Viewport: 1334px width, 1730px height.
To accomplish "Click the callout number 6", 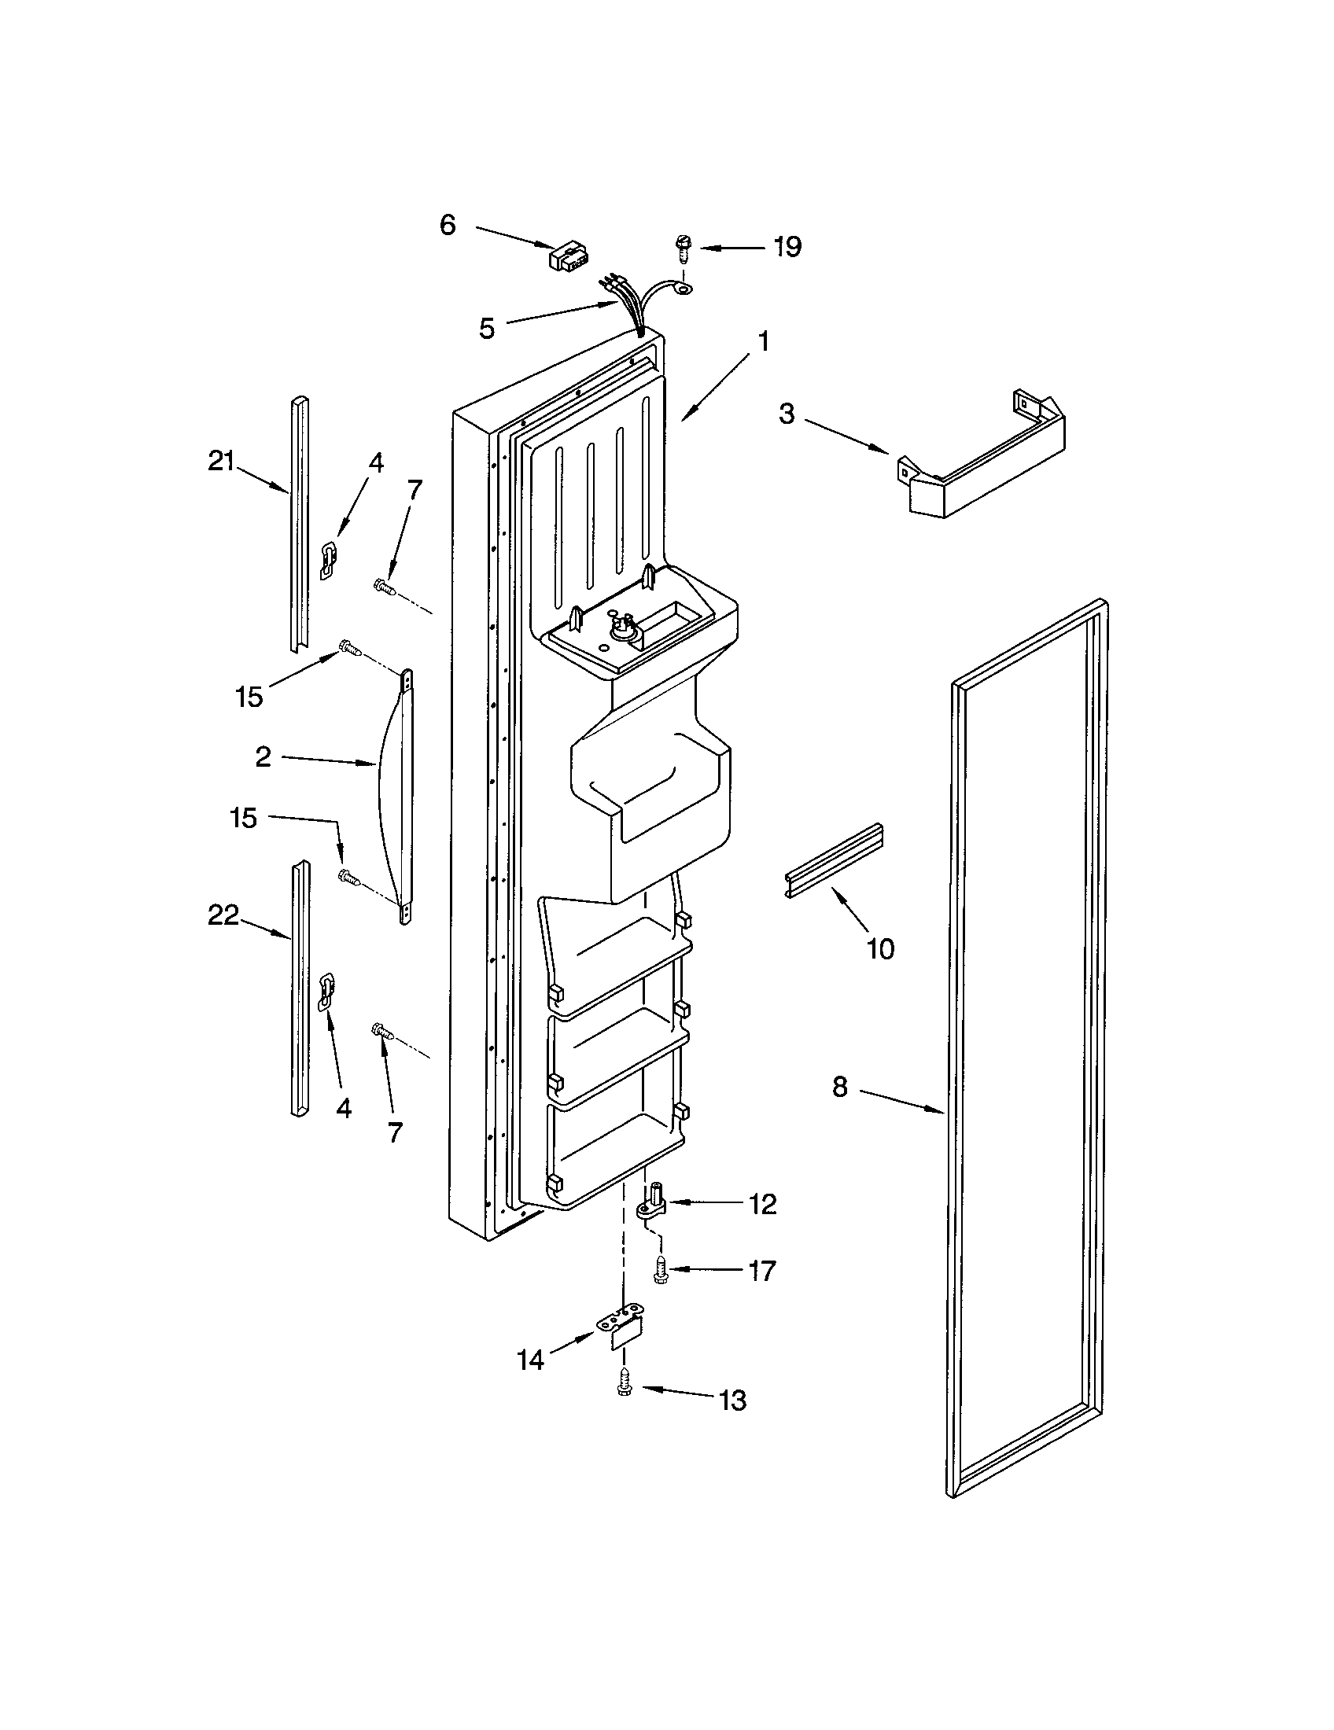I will click(448, 225).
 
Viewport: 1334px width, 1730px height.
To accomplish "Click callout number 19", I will click(787, 247).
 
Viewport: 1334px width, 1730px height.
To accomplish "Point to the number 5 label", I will click(487, 328).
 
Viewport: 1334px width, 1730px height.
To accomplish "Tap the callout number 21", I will click(222, 461).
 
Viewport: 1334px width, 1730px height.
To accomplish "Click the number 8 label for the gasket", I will click(840, 1088).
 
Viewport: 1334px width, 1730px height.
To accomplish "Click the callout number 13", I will click(734, 1401).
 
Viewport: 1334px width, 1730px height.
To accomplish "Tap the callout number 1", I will click(763, 342).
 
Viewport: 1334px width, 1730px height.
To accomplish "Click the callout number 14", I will click(531, 1360).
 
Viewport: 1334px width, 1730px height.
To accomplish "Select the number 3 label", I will click(786, 414).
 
